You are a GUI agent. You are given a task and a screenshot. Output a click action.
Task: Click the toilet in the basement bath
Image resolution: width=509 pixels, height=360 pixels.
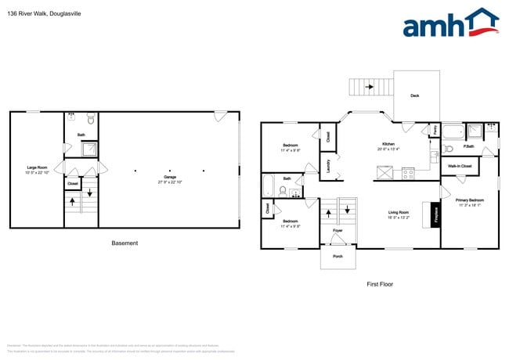91,120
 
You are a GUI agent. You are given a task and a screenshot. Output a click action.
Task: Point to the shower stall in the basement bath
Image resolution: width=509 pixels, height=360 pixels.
91,148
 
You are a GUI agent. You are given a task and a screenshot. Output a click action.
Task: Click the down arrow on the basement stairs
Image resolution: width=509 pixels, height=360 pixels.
89,193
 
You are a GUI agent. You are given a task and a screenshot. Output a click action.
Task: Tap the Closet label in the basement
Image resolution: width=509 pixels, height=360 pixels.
72,183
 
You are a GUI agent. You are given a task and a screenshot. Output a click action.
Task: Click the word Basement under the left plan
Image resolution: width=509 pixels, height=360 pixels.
125,243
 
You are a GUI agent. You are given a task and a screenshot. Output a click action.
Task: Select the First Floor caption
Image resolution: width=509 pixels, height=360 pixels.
379,285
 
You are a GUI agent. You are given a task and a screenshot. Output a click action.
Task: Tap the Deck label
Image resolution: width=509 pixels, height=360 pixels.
415,96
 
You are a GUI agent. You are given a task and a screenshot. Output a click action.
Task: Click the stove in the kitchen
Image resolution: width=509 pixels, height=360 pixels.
407,174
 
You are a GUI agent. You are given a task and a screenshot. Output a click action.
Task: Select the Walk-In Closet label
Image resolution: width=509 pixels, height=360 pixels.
460,166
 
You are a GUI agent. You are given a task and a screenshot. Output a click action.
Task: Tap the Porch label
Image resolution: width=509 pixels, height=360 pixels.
338,256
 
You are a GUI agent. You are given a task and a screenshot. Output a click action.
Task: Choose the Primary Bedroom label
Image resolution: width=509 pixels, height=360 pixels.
469,200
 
